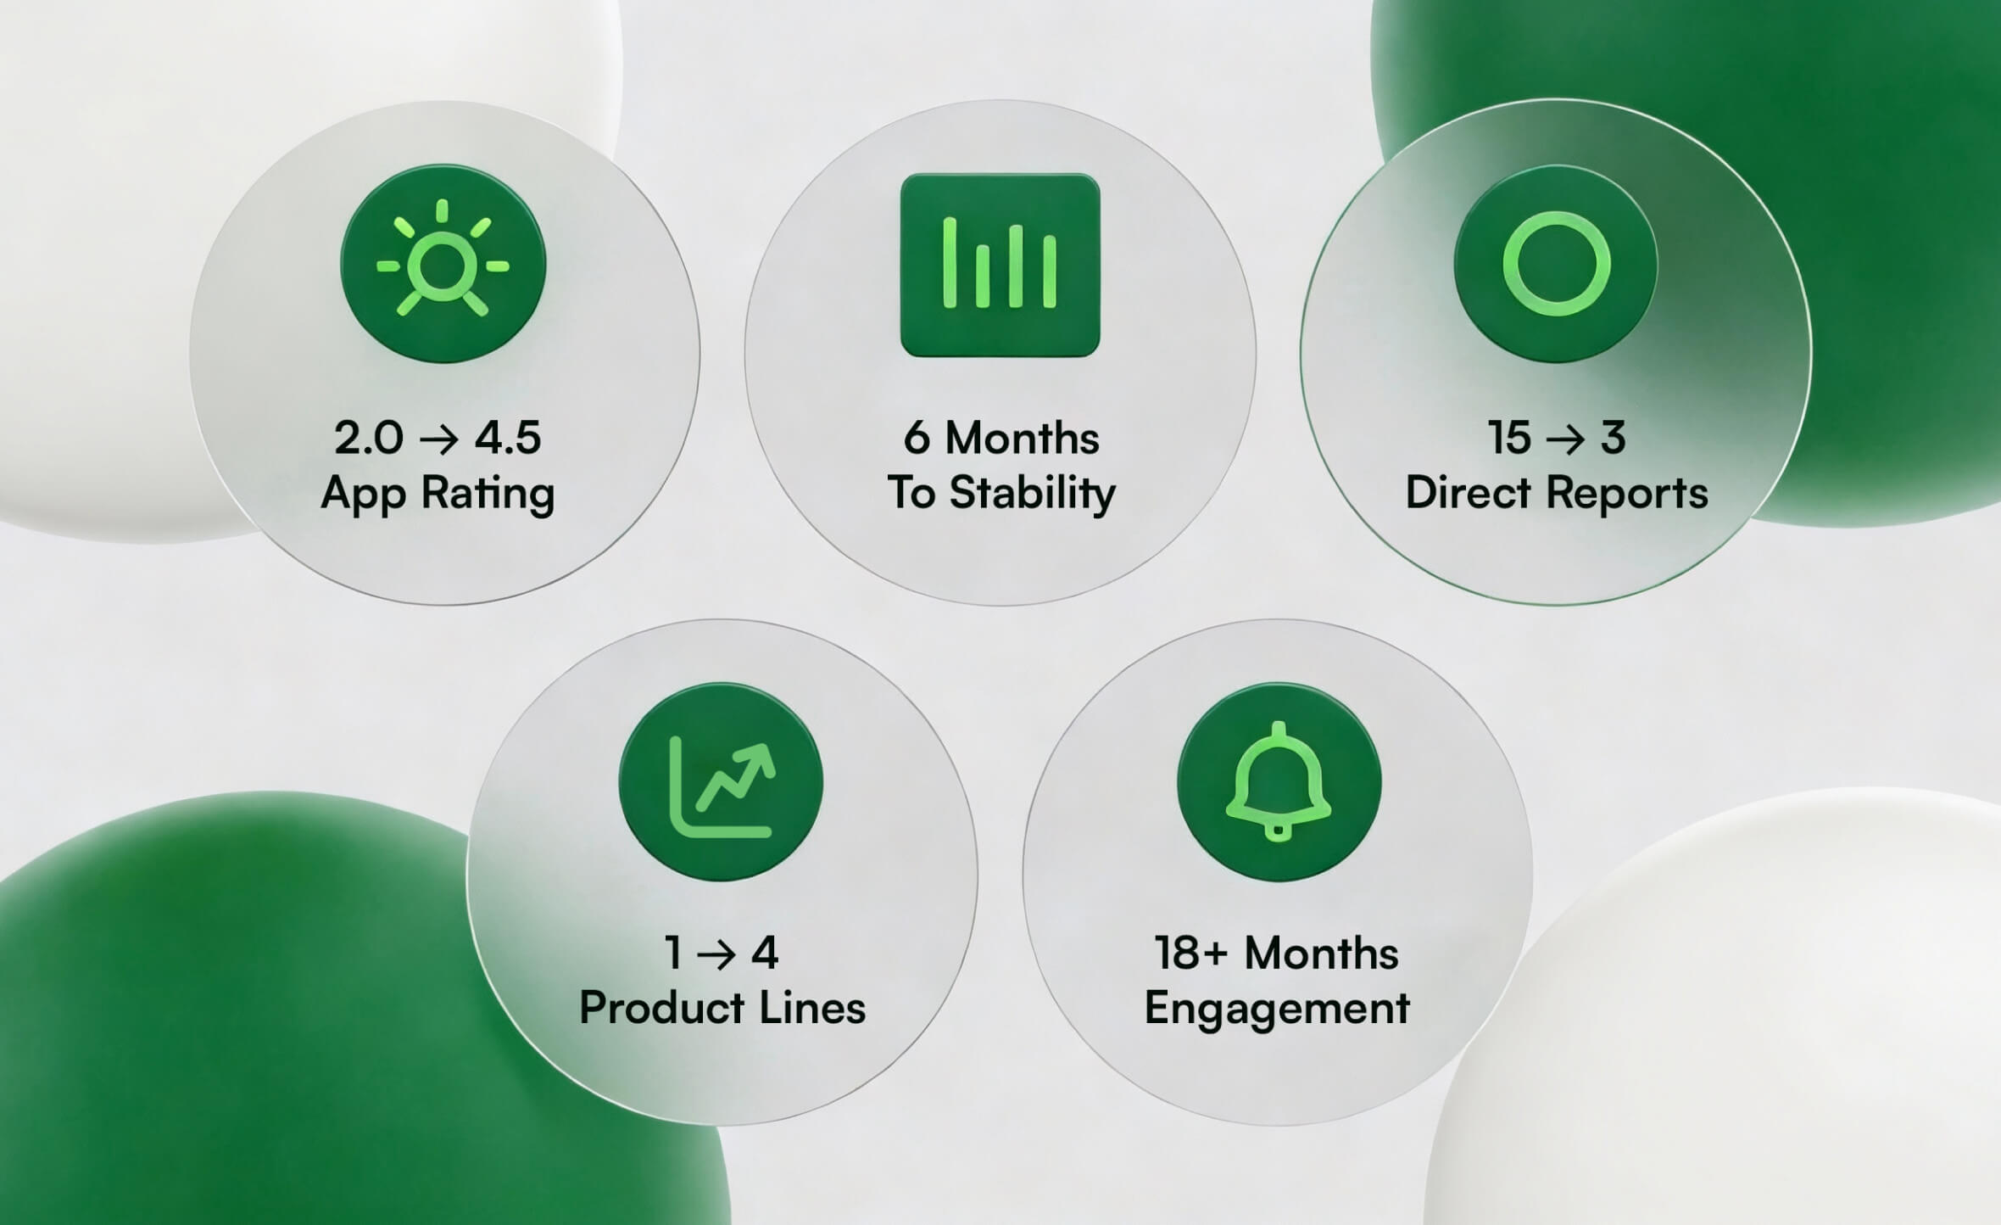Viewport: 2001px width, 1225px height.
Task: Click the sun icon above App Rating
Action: point(443,265)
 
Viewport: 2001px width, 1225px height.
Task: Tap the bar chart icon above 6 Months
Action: point(1000,265)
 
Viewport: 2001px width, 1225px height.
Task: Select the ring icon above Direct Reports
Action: point(1556,264)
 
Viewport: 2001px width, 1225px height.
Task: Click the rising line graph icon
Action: point(721,782)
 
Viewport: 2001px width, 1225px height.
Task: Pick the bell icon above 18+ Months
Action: point(1279,782)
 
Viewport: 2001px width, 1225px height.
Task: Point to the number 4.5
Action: point(507,438)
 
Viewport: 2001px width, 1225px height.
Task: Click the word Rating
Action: point(488,494)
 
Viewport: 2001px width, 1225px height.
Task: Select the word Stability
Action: point(1032,494)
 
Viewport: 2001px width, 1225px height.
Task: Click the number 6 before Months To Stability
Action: point(917,438)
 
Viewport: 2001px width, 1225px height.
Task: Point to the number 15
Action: point(1509,438)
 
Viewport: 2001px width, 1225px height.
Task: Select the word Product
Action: point(661,1008)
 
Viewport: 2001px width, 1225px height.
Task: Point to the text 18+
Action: point(1190,954)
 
